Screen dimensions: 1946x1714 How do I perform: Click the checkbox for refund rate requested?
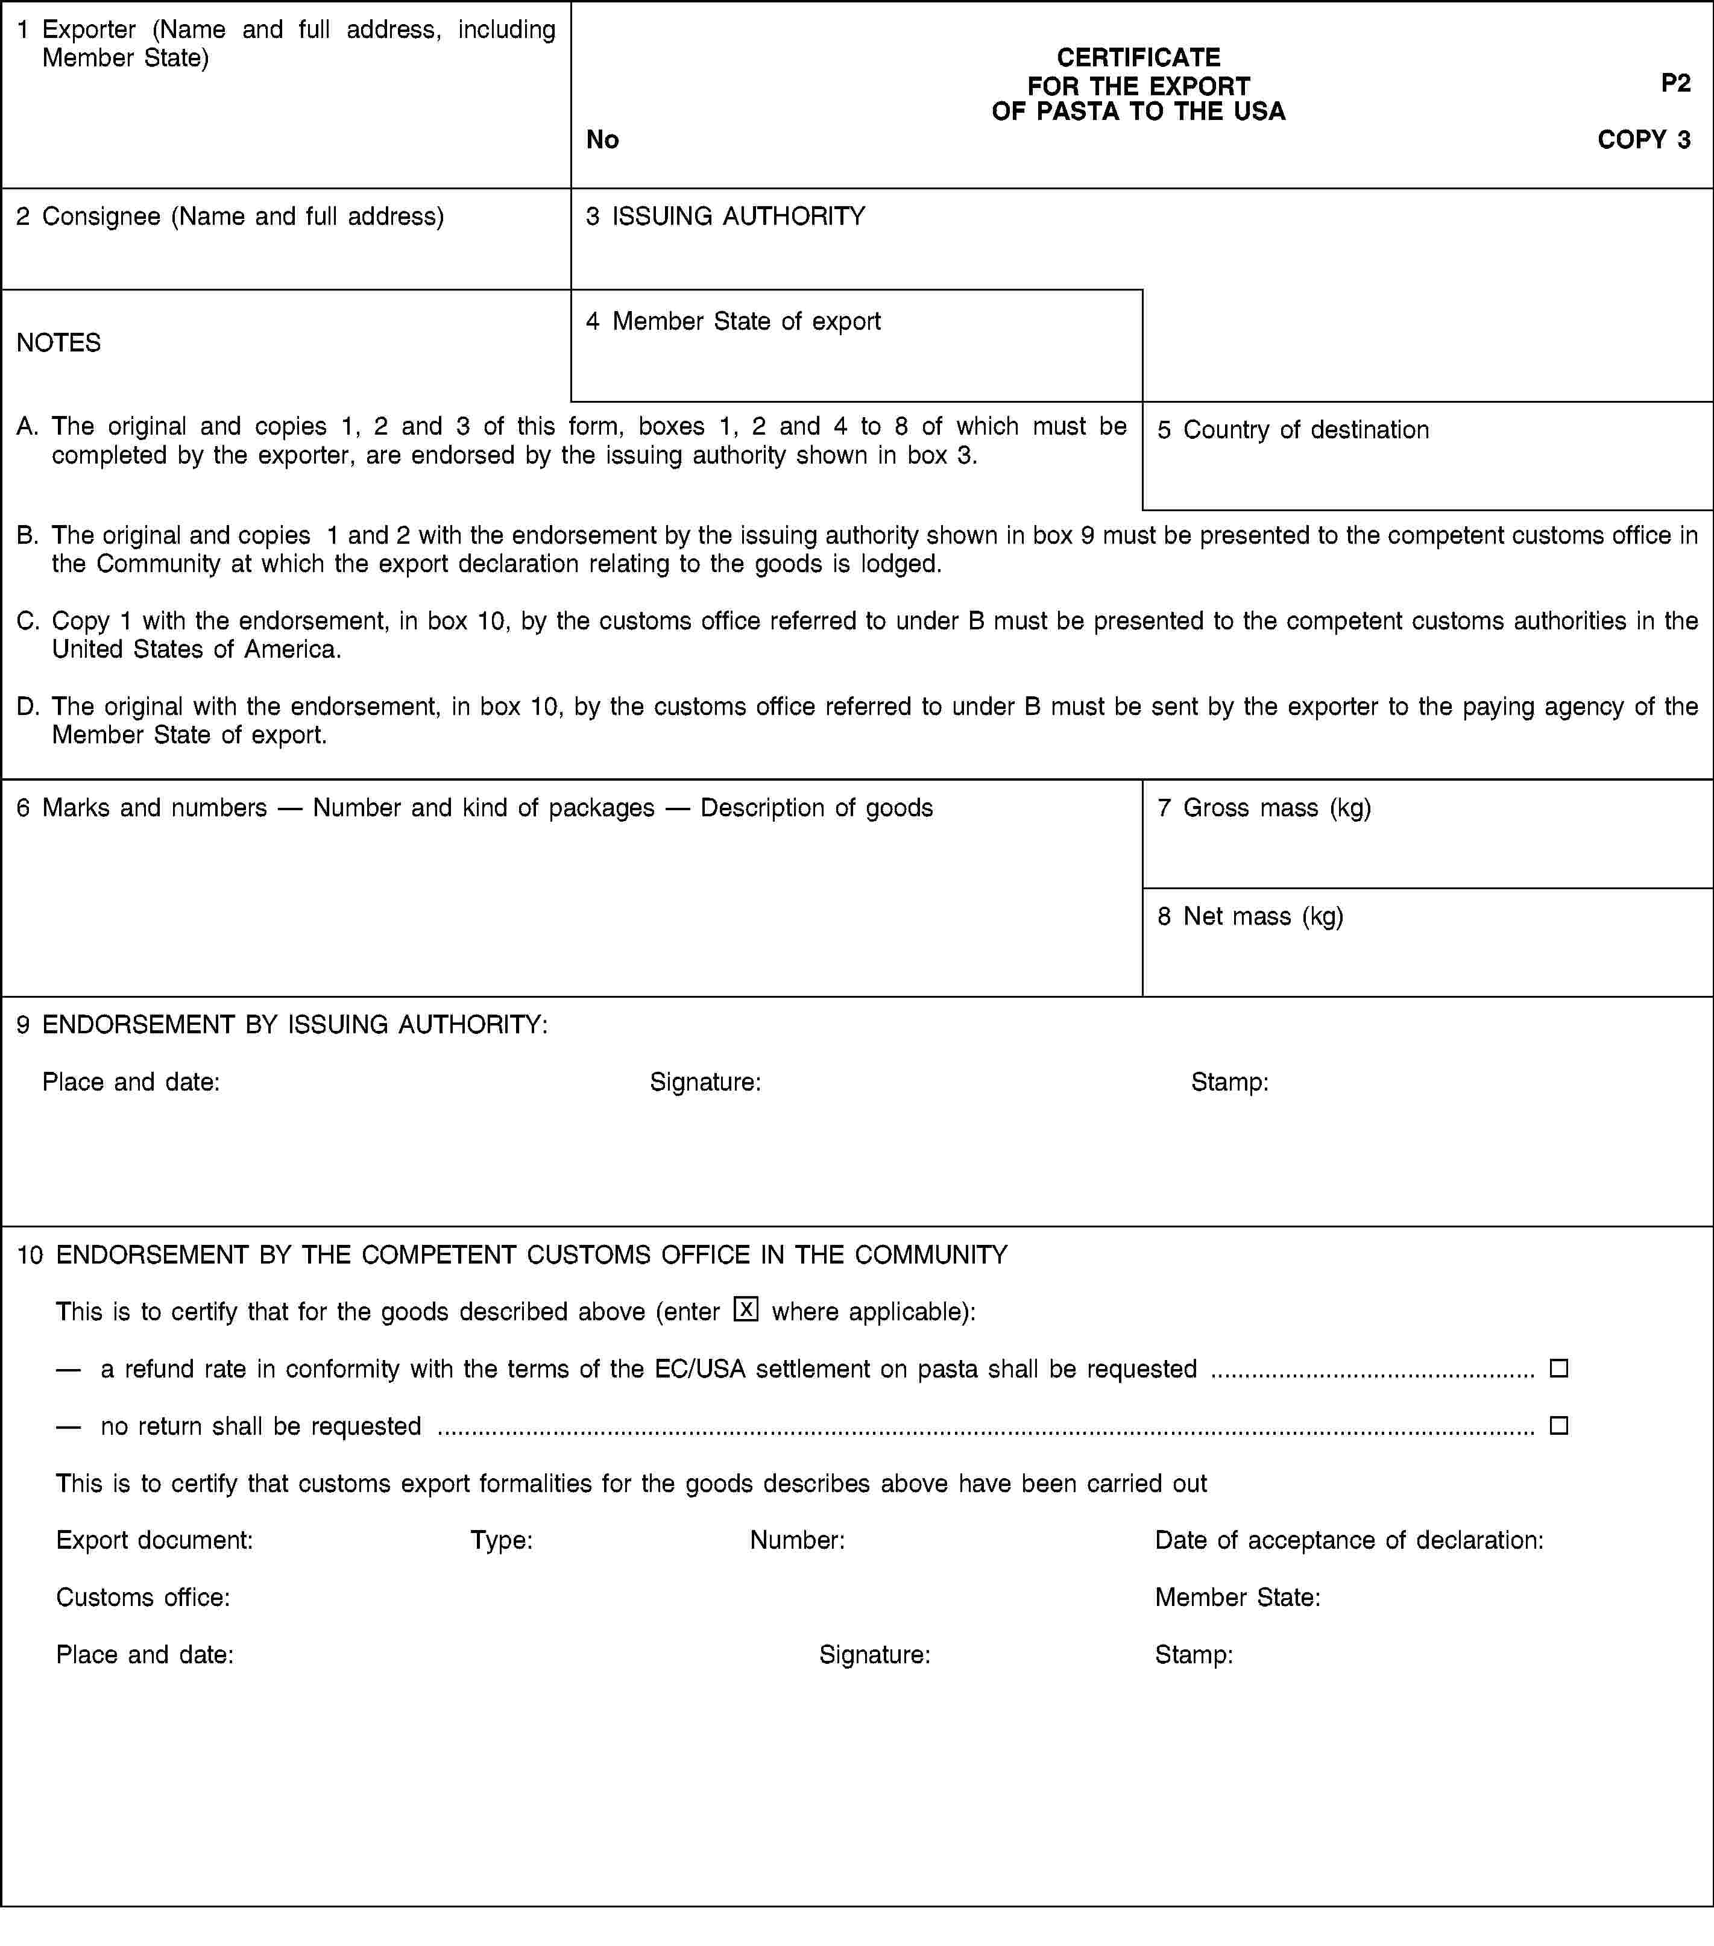(x=1559, y=1368)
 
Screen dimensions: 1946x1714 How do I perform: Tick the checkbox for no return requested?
(x=1559, y=1425)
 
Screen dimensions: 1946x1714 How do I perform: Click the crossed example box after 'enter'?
(x=746, y=1310)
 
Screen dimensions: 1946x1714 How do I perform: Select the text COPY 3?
(x=1643, y=139)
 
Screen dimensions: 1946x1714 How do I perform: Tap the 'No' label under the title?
(x=603, y=140)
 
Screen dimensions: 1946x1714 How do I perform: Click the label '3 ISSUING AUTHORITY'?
(x=726, y=217)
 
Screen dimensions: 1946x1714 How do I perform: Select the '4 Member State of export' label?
(x=733, y=322)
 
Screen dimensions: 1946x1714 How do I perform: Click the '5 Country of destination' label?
(x=1293, y=430)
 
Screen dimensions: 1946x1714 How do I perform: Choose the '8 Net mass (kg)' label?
(x=1250, y=917)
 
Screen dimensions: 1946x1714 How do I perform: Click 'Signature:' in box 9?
(x=705, y=1083)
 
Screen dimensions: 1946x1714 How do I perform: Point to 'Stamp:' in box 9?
(x=1229, y=1083)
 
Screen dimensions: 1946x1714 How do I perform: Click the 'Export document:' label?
(x=154, y=1540)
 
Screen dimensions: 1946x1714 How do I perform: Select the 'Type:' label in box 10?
(x=501, y=1540)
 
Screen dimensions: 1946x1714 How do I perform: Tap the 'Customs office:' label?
(x=143, y=1598)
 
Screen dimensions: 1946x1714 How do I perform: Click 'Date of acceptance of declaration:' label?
(x=1348, y=1540)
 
